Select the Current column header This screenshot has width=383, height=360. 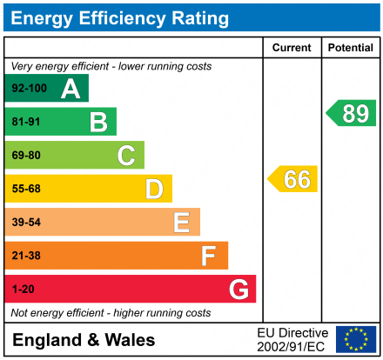(292, 48)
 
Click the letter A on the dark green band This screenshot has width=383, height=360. (71, 89)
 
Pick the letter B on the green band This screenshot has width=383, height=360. (98, 122)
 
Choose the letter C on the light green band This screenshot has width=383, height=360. (126, 156)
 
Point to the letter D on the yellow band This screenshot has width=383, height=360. (154, 189)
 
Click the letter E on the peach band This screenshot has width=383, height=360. (181, 223)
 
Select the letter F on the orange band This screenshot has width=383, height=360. (209, 256)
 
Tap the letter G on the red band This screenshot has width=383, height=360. (238, 289)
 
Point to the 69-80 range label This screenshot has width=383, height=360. (26, 156)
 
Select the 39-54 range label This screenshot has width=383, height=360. (26, 223)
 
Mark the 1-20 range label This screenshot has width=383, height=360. (22, 289)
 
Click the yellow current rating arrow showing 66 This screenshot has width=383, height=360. (293, 179)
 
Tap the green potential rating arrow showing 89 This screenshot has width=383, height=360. (352, 113)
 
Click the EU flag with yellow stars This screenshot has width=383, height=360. (355, 339)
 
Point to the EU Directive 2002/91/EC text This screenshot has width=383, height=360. (292, 339)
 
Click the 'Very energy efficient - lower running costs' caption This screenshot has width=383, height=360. (111, 66)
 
